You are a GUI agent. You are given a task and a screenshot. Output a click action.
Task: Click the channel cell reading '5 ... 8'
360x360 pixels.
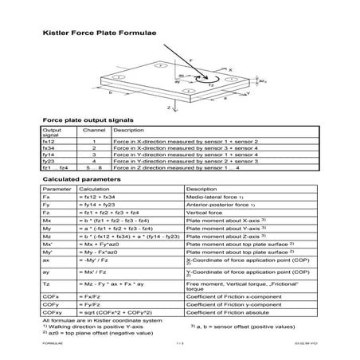click(x=94, y=168)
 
